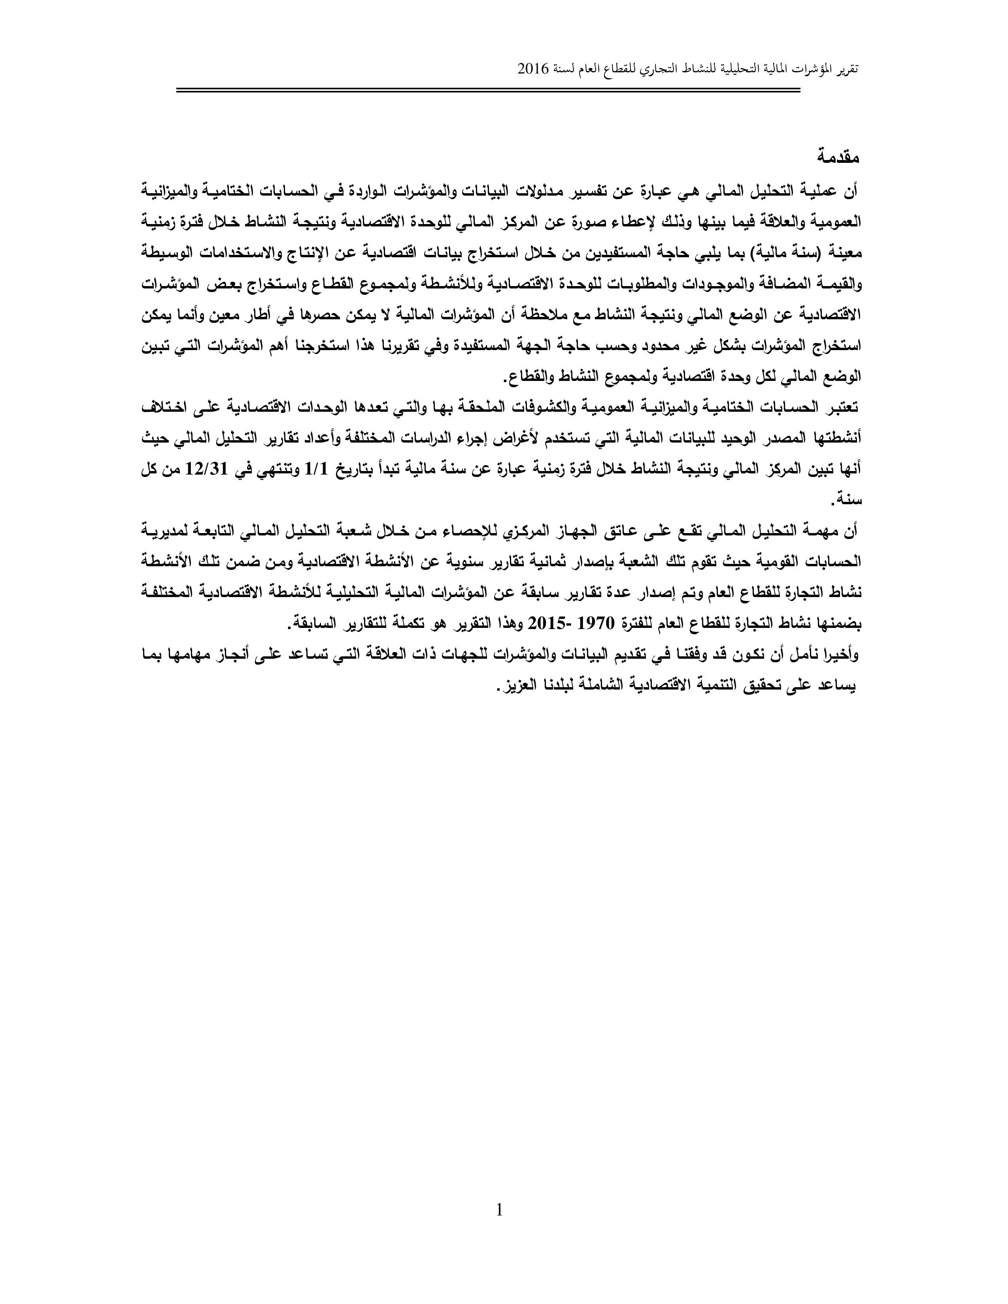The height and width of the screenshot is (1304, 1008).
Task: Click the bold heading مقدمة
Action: click(x=839, y=158)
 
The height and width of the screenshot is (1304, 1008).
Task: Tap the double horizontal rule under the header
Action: click(x=489, y=90)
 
